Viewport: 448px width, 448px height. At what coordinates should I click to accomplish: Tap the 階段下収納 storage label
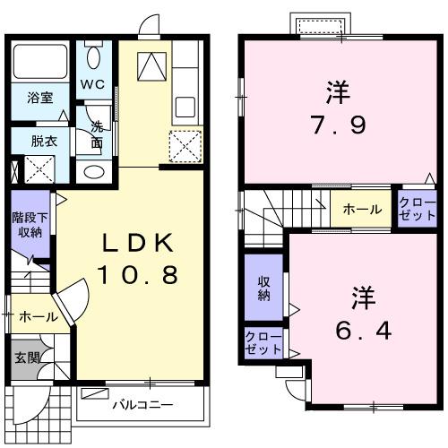pyautogui.click(x=29, y=224)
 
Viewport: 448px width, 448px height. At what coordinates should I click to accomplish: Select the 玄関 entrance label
pyautogui.click(x=26, y=358)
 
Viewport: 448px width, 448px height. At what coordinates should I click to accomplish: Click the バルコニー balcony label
pyautogui.click(x=136, y=404)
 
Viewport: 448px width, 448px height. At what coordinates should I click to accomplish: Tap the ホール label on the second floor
pyautogui.click(x=361, y=210)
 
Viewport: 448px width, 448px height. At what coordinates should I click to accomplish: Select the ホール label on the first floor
pyautogui.click(x=38, y=316)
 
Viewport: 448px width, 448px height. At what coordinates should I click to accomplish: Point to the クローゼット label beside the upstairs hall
pyautogui.click(x=418, y=210)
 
